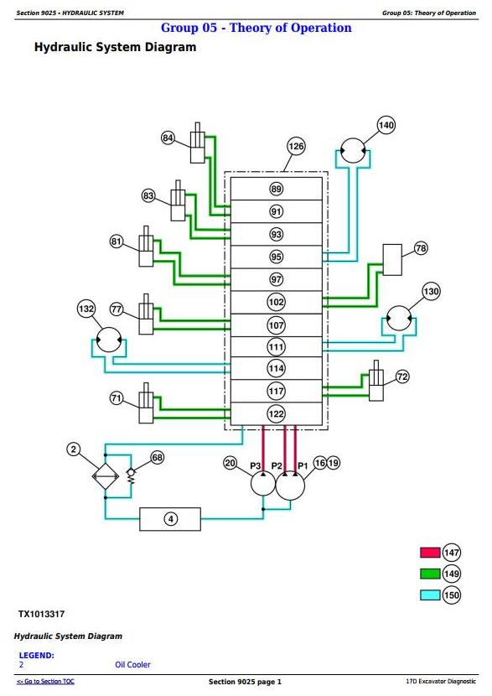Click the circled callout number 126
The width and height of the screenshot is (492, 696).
[x=296, y=146]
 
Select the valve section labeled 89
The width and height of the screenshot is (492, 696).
[x=276, y=189]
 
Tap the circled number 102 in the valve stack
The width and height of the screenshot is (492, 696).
[x=276, y=302]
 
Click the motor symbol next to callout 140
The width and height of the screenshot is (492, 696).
[x=353, y=150]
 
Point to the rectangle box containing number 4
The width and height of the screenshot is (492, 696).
[x=170, y=519]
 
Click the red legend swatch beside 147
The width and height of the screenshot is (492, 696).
[x=430, y=553]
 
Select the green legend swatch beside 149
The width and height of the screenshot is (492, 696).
[x=430, y=574]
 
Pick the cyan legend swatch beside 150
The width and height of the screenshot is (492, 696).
[x=430, y=595]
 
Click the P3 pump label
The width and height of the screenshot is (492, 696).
[x=255, y=465]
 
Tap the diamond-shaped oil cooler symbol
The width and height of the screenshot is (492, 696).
[x=106, y=475]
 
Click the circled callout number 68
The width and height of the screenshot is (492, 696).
[x=158, y=457]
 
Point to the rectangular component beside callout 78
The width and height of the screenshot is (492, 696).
[x=392, y=260]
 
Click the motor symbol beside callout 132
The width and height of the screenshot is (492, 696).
[x=109, y=340]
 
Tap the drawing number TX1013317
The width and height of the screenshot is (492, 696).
[x=41, y=615]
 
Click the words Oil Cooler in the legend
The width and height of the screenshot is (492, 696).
[x=132, y=664]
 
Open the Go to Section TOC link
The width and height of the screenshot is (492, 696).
[x=45, y=682]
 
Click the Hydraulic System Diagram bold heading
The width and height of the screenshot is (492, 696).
[x=115, y=47]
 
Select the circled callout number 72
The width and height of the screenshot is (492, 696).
[x=402, y=377]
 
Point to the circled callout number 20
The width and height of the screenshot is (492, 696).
[x=230, y=463]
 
